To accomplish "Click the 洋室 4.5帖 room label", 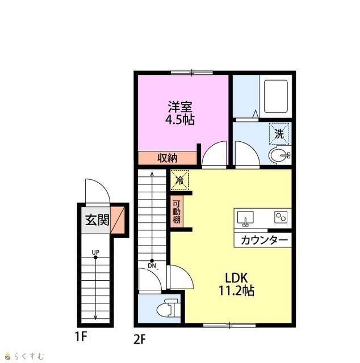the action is coord(180,113).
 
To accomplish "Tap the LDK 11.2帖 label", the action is coord(237,285).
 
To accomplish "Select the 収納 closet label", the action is coord(168,158).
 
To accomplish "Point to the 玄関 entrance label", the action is coord(97,220).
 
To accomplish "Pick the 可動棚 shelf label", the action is coord(177,212).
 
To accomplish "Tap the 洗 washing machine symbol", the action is coord(279,134).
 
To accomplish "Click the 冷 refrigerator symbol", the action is coord(179,180).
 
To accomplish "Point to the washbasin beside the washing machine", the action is coord(279,155).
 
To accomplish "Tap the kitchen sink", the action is coord(245,218).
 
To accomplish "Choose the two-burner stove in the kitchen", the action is coord(281,217).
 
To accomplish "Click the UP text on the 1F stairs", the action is coord(95,252).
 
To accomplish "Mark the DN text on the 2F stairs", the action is coord(152,266).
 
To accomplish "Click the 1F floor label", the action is coord(81,336).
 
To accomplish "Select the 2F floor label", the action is coord(140,339).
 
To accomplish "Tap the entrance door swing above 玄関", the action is coord(98,192).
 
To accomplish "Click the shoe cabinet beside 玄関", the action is coord(118,220).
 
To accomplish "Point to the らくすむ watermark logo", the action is coord(24,356).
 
